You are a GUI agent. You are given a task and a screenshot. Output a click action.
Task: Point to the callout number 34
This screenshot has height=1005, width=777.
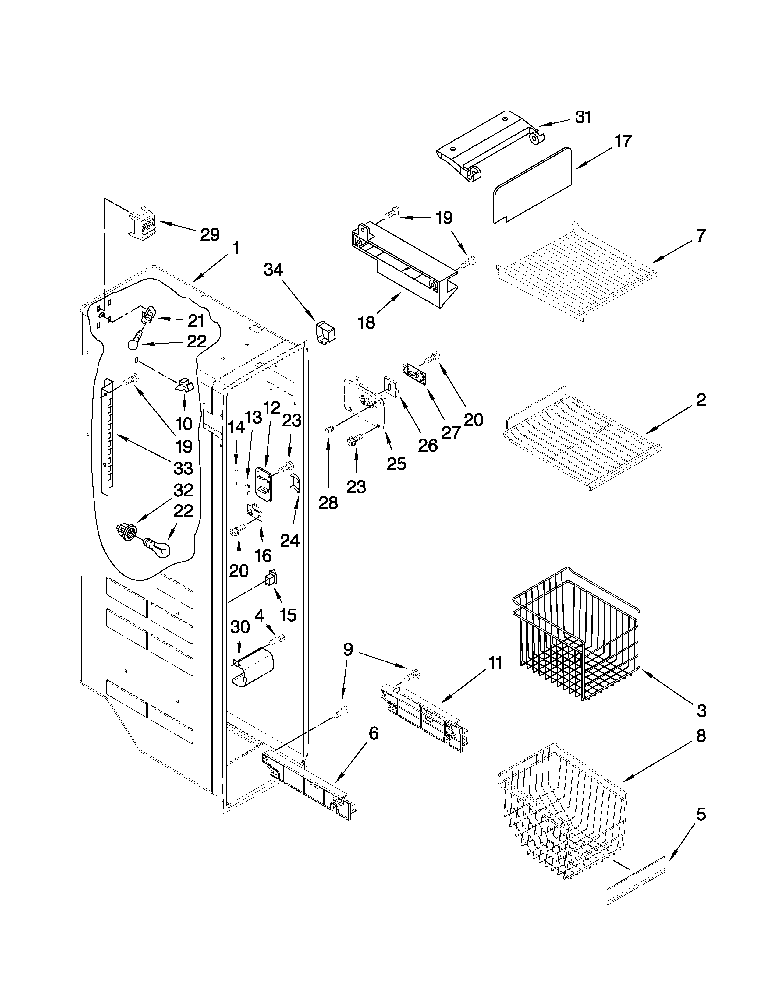[273, 270]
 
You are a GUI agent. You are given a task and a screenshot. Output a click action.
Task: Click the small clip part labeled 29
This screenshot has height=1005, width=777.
[141, 223]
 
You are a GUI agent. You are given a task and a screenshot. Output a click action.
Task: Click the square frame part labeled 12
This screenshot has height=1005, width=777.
[264, 484]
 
